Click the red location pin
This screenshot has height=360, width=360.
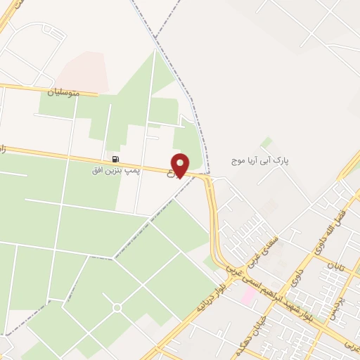181,165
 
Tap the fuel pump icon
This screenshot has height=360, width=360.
115,160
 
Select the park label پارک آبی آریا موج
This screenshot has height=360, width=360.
261,162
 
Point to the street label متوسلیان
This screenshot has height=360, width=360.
64,91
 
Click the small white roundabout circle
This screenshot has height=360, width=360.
117,307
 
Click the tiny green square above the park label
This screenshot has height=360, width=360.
266,143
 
